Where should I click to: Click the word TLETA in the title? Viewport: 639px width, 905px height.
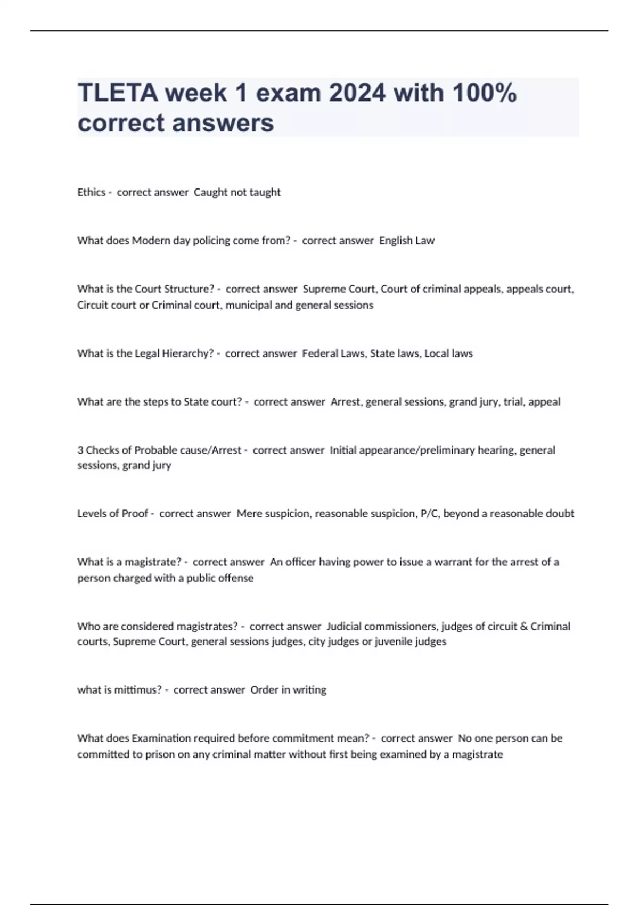(x=117, y=93)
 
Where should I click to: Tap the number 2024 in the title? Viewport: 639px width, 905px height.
(x=357, y=93)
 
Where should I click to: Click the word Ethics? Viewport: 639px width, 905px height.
(x=91, y=192)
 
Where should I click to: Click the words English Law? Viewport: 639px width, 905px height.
(x=407, y=241)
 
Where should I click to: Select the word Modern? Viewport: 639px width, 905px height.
(x=151, y=241)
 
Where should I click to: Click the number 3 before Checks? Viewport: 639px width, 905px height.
(x=80, y=450)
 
